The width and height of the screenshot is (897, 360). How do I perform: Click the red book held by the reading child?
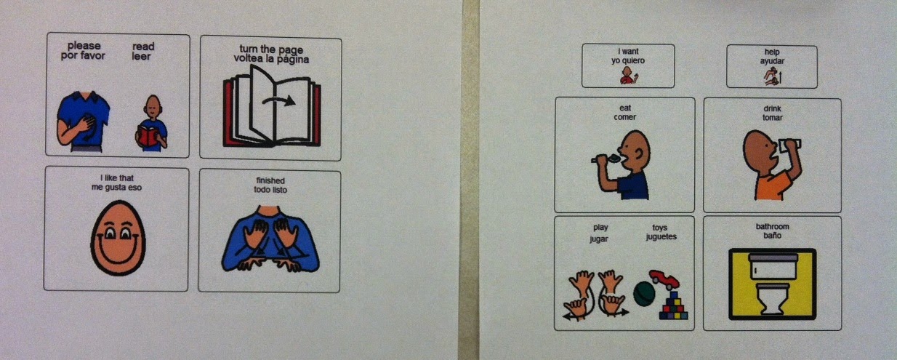click(x=147, y=136)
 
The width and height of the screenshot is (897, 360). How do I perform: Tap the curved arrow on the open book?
click(x=278, y=100)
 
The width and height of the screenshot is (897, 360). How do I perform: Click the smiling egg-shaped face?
click(x=118, y=238)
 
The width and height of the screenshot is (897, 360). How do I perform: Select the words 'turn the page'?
click(x=271, y=49)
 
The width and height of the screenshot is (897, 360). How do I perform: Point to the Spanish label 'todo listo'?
click(x=270, y=189)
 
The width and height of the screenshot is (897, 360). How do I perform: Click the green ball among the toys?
click(x=644, y=294)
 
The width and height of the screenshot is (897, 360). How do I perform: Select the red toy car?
click(x=664, y=279)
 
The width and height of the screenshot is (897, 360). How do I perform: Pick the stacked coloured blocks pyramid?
click(x=674, y=305)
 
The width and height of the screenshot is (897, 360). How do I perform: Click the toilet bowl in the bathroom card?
click(x=772, y=298)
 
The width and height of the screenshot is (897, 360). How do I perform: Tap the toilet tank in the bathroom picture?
click(x=773, y=265)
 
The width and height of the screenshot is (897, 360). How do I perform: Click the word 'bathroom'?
click(x=773, y=226)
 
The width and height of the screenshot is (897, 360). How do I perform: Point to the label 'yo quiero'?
click(x=628, y=60)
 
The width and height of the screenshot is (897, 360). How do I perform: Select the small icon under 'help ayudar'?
click(x=773, y=76)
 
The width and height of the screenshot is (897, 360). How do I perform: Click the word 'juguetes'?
click(x=661, y=236)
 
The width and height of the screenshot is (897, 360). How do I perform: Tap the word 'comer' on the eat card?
click(x=624, y=117)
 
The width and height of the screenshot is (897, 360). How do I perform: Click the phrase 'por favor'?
click(x=83, y=56)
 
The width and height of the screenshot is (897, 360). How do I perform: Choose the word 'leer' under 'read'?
click(x=141, y=56)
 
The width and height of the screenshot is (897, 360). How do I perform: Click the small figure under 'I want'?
click(x=628, y=76)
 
